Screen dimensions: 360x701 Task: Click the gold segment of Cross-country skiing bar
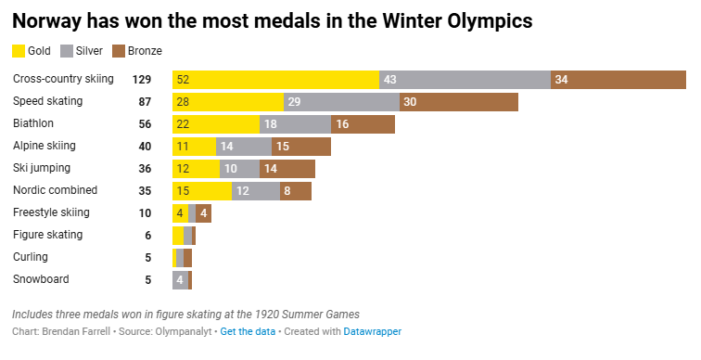[x=275, y=80]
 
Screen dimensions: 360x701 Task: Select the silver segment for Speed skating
[x=341, y=102]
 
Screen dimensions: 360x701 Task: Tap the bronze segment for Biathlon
[x=363, y=124]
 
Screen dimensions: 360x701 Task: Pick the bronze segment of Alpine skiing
[x=301, y=147]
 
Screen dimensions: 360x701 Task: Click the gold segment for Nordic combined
[x=201, y=191]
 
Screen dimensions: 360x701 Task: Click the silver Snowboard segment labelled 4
[x=180, y=280]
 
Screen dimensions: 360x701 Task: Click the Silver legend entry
[x=82, y=51]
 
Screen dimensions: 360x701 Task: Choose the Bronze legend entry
[x=135, y=51]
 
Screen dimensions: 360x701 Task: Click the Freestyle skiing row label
[x=51, y=212]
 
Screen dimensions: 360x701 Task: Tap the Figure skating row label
[x=48, y=235]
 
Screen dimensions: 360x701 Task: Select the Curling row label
[x=31, y=257]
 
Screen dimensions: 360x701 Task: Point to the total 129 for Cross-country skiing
[x=141, y=80]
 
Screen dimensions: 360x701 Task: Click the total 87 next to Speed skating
[x=145, y=102]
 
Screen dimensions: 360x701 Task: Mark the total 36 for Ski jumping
[x=145, y=169]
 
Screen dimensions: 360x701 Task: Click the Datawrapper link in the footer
[x=373, y=331]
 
